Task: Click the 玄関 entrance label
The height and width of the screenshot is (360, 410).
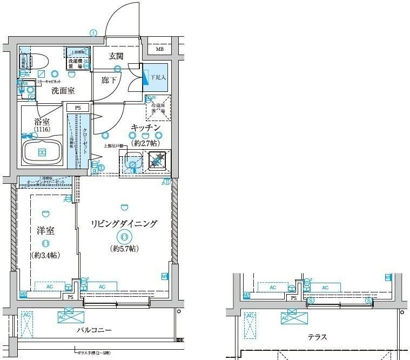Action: coord(116,56)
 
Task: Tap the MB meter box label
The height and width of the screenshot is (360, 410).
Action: coord(159,50)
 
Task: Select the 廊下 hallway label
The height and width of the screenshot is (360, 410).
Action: coord(109,80)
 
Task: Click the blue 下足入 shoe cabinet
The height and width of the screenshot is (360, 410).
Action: coord(156,77)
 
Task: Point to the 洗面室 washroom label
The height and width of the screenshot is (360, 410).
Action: coord(63,91)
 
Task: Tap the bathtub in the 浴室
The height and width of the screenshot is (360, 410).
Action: coord(42,152)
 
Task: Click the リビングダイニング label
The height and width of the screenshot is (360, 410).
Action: coord(124,223)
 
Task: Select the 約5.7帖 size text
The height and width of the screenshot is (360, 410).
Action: coord(125,249)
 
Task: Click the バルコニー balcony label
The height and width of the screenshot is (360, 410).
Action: coord(93,330)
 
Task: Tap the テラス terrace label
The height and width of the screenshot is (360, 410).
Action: coord(317,337)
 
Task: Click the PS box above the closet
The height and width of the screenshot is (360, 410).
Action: coord(78,108)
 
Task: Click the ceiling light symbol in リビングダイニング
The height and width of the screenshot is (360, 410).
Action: coord(125,236)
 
